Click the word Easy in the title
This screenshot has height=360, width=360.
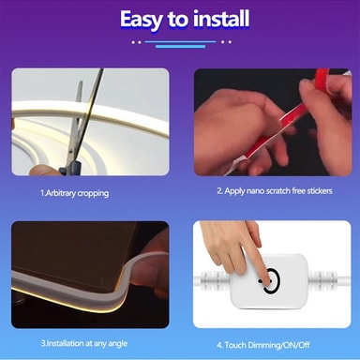point(142,20)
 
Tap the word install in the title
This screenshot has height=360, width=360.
point(221,18)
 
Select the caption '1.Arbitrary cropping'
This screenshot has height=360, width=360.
point(74,193)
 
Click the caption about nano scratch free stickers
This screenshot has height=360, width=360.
point(275,191)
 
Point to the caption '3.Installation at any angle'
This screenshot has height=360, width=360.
point(84,344)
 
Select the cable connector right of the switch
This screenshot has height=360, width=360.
point(322,279)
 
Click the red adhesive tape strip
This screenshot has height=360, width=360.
point(291,119)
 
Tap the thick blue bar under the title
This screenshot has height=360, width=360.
point(180,47)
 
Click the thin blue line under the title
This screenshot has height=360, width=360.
point(180,41)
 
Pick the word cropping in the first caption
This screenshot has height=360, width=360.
point(93,194)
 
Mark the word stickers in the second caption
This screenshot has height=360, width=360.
point(320,190)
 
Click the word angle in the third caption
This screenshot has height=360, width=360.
point(117,344)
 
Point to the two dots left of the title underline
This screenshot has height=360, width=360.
point(136,42)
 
